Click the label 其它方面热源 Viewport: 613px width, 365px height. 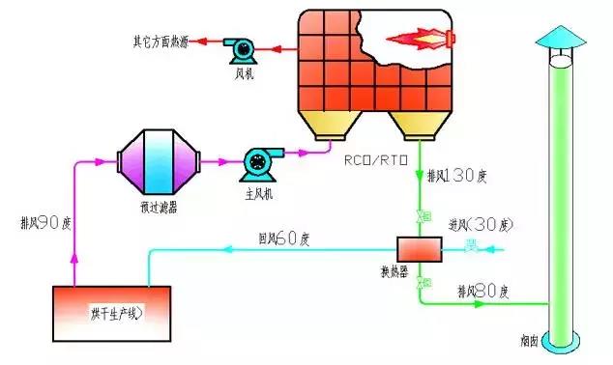click(x=161, y=42)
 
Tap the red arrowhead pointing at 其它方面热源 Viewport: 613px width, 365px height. click(x=199, y=42)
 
